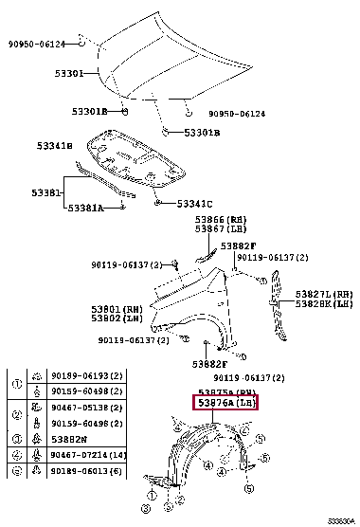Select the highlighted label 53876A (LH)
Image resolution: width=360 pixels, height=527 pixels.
pos(225,403)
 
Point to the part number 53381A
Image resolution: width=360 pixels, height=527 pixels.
pos(86,208)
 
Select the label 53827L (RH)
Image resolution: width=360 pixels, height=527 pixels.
pos(324,294)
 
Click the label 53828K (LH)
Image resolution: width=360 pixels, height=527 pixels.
pos(324,303)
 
